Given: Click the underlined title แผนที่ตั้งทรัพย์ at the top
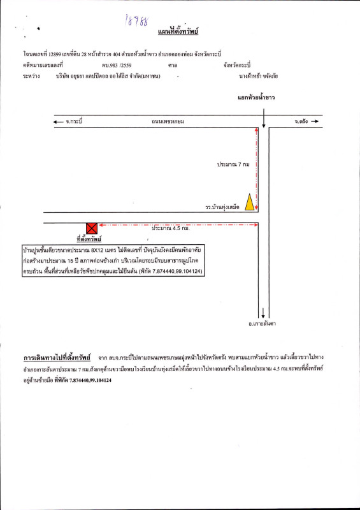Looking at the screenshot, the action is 179,31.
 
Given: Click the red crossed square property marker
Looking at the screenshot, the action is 92,228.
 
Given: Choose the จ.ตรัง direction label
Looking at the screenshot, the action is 302,120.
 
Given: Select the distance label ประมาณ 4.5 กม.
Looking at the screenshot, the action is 170,228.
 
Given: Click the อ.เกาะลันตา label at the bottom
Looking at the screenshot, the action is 262,324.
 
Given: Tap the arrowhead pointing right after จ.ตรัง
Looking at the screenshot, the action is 314,120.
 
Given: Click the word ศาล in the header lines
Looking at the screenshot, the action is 172,65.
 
